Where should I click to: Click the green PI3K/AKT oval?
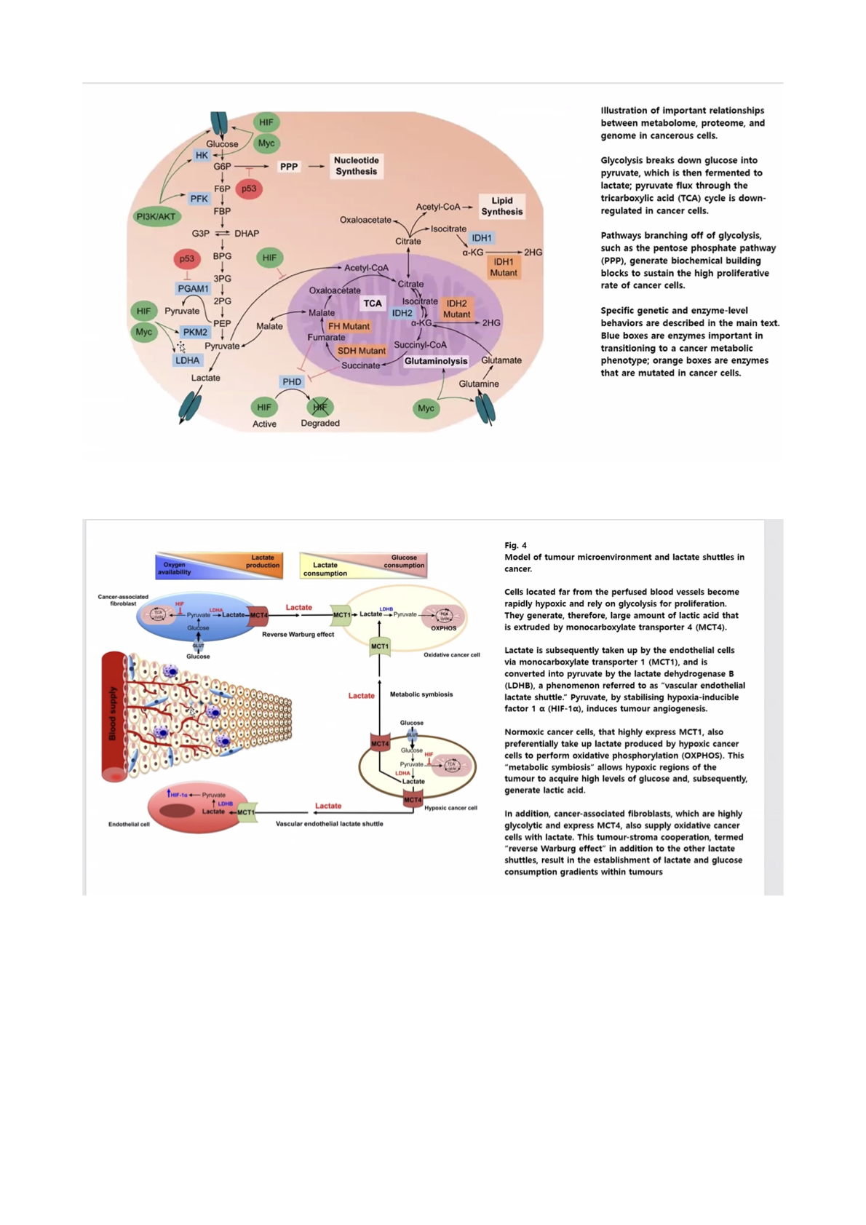[156, 216]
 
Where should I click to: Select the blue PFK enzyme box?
[199, 198]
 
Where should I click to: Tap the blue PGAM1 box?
[193, 289]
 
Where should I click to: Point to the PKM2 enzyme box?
[195, 332]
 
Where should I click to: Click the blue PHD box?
[292, 381]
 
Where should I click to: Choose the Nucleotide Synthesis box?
[356, 166]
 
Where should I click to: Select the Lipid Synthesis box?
[501, 206]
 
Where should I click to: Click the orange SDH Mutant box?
[361, 351]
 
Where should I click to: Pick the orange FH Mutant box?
[349, 326]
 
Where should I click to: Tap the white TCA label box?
[373, 304]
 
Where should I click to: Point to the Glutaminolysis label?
[436, 361]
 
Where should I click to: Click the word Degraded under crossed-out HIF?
[320, 423]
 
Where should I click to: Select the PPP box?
[289, 167]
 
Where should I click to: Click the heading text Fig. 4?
[515, 545]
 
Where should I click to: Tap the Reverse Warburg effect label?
[298, 635]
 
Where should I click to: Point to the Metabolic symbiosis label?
[421, 694]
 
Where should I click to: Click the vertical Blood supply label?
[113, 713]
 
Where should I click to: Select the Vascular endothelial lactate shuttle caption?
[329, 824]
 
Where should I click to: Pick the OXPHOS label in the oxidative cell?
[443, 628]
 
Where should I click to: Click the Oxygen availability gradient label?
[174, 568]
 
